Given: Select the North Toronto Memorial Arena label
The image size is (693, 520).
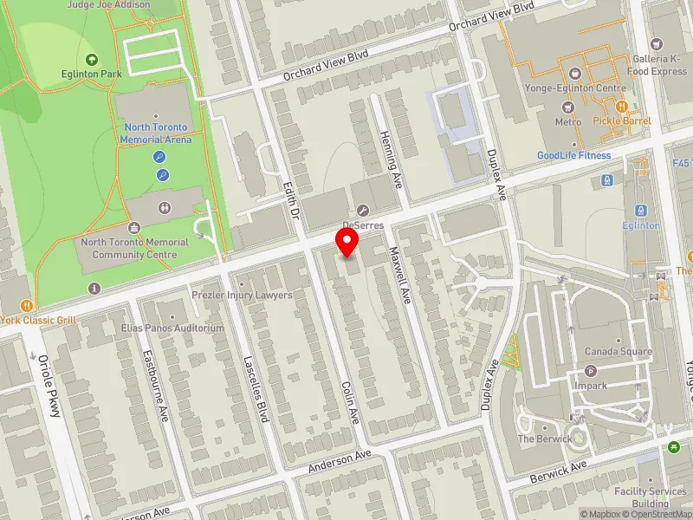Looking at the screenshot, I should pos(153,133).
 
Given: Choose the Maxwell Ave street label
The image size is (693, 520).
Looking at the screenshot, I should pos(398,275).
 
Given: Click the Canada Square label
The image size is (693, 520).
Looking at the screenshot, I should pos(617,351).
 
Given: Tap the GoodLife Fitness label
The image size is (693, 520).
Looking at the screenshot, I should pos(573,156).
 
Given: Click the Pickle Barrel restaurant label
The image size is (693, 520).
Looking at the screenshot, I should pos(621,120).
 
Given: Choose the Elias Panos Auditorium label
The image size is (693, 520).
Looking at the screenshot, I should pos(172,328).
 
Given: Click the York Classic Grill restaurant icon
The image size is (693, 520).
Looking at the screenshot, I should pos(28,305).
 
